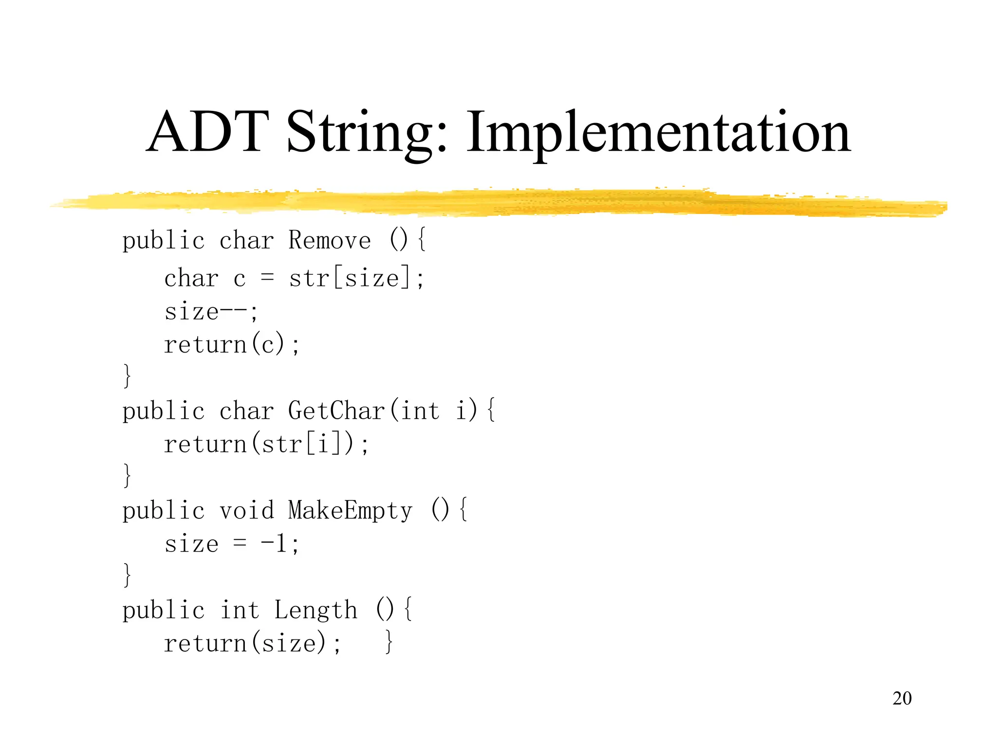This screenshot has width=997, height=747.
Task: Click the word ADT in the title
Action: click(208, 132)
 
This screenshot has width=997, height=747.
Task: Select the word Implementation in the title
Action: click(658, 132)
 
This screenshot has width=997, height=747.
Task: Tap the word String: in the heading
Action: click(367, 132)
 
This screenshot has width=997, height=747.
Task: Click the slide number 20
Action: click(902, 698)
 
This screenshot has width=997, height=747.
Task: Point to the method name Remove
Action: click(330, 240)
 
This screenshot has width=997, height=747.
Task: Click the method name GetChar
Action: click(337, 410)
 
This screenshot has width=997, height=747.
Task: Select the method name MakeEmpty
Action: click(350, 511)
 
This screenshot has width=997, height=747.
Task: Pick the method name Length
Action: click(316, 610)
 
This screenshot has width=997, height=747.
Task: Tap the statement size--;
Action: click(211, 312)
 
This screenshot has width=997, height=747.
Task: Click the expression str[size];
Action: click(356, 279)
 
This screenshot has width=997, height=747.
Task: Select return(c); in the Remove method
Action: click(232, 345)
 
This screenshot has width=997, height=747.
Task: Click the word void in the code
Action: click(247, 511)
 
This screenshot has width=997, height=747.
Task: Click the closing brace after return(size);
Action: click(388, 642)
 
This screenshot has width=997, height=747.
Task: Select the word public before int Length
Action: click(164, 611)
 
